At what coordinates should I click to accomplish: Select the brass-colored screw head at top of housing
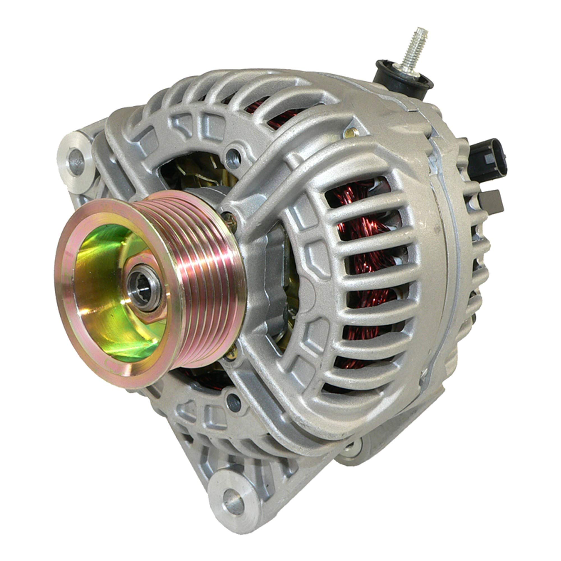(x=352, y=133)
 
